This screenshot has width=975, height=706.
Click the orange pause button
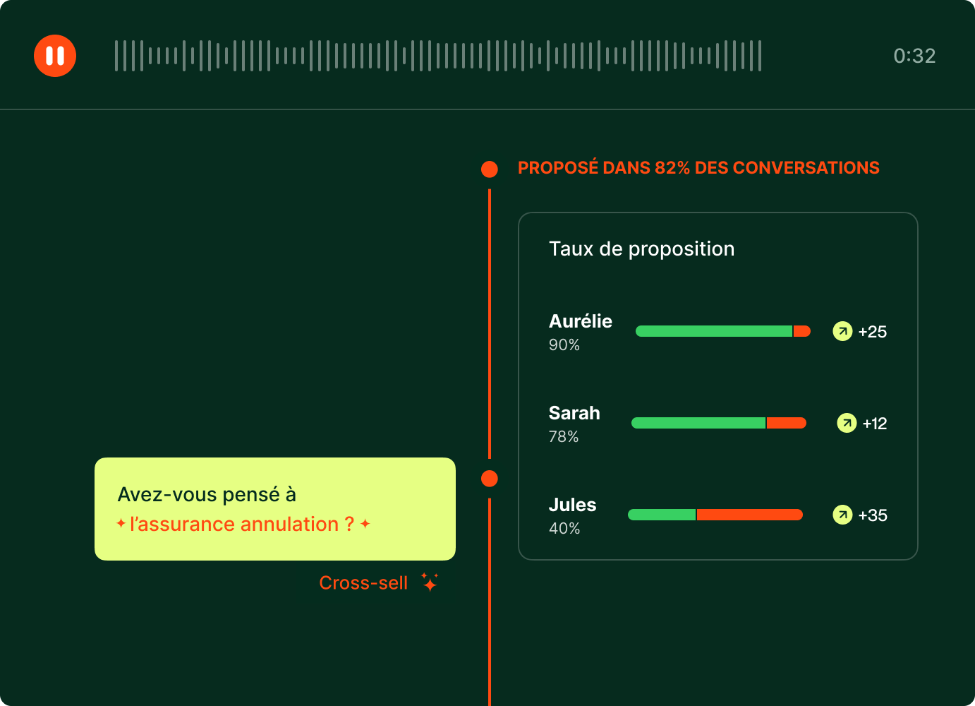click(x=55, y=56)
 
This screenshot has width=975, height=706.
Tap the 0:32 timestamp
click(x=914, y=56)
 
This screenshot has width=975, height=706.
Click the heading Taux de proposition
click(x=641, y=249)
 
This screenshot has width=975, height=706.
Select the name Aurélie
click(x=580, y=321)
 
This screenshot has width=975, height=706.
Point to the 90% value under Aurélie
click(x=564, y=345)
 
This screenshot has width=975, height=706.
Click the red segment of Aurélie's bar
click(x=802, y=331)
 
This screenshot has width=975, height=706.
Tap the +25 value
click(x=872, y=332)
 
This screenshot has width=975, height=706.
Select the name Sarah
click(x=574, y=413)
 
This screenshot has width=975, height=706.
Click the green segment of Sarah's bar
click(x=698, y=423)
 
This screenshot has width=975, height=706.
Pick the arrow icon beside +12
click(x=847, y=423)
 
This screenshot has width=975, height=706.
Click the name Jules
click(x=572, y=505)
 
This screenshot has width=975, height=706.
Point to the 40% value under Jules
click(x=564, y=529)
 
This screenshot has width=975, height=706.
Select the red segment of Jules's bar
click(x=749, y=515)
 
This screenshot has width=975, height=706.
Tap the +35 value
click(x=873, y=515)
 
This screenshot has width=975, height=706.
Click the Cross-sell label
click(x=363, y=582)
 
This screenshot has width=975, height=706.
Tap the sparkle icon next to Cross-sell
click(x=430, y=582)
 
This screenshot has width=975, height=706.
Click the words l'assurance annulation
click(x=234, y=524)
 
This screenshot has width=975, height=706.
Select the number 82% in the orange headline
click(x=672, y=168)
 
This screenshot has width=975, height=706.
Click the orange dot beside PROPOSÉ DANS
click(x=490, y=169)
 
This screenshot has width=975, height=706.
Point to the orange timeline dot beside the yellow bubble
click(x=490, y=479)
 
